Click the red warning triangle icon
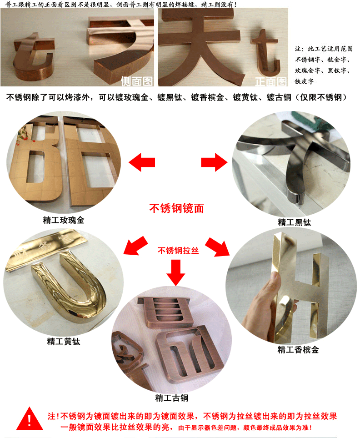[30, 419]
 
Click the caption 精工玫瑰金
[64, 220]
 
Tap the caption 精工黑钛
[295, 222]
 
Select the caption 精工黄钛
[64, 342]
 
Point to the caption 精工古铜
[172, 398]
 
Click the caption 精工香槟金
[298, 350]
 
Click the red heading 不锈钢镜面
[177, 208]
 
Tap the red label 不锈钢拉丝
[178, 251]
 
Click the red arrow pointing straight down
[176, 272]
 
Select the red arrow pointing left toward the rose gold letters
[142, 162]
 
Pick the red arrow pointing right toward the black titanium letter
[214, 162]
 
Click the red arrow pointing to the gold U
[135, 246]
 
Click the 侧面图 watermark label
[137, 81]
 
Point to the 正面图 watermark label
[271, 81]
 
